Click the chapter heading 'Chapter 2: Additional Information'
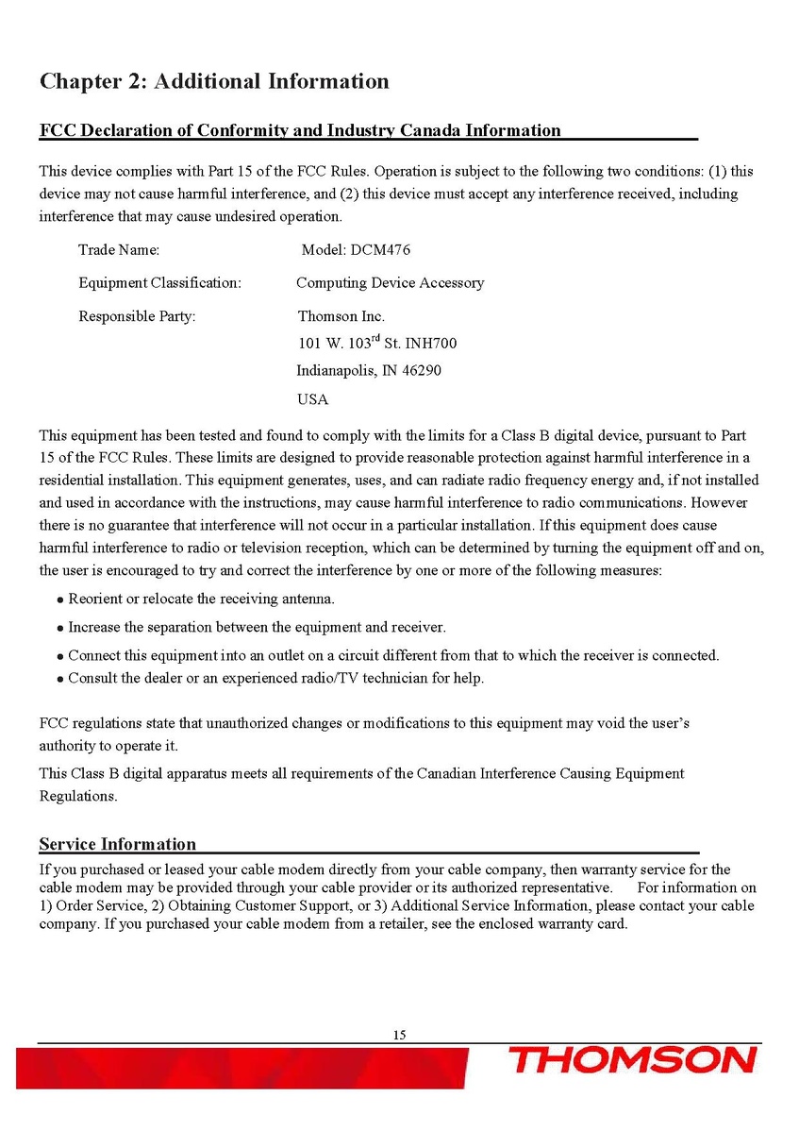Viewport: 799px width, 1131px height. click(214, 81)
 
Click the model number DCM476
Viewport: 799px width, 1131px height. click(380, 250)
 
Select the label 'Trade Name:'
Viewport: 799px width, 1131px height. click(119, 250)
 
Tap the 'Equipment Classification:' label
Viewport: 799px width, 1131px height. click(159, 283)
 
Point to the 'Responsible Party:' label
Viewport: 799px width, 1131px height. click(137, 316)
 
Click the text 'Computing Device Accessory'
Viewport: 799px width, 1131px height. click(390, 283)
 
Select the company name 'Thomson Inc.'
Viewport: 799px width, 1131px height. click(341, 316)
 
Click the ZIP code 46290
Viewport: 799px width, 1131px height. click(420, 370)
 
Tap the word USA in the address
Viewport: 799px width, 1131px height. click(312, 399)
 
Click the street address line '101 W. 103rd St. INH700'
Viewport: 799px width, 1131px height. click(377, 343)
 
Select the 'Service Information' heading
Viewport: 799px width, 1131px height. click(118, 844)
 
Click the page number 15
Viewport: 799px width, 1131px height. click(399, 1036)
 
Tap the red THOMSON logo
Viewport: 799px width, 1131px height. click(633, 1059)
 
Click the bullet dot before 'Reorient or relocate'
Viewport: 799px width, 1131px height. click(60, 600)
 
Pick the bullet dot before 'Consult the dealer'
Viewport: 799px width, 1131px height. click(60, 680)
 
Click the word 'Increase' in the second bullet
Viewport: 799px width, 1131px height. click(94, 627)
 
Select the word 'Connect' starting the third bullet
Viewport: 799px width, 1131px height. click(93, 655)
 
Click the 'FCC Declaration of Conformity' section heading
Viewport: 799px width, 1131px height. click(300, 130)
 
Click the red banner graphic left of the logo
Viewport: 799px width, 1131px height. click(245, 1067)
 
